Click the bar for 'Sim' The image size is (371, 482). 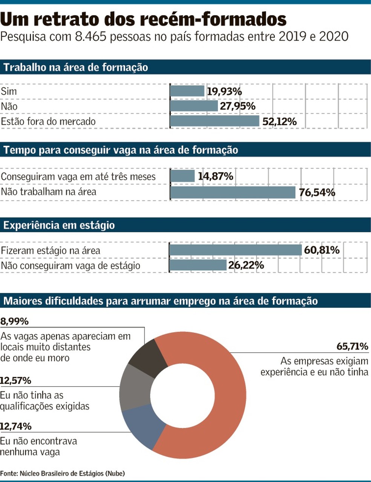[187, 91]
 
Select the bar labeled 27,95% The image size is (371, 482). [194, 106]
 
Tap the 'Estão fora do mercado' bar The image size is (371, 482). [215, 121]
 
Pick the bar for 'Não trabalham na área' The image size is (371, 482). [233, 192]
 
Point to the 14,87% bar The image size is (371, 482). [182, 176]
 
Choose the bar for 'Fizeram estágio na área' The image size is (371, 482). [235, 250]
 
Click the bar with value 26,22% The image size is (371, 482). [198, 265]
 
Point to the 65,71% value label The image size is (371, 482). [352, 346]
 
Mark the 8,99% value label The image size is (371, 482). [14, 321]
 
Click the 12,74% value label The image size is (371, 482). [16, 426]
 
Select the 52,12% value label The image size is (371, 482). [279, 121]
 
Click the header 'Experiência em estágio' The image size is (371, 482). [59, 225]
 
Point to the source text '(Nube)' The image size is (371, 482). [115, 473]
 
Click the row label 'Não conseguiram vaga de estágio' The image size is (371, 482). [71, 266]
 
